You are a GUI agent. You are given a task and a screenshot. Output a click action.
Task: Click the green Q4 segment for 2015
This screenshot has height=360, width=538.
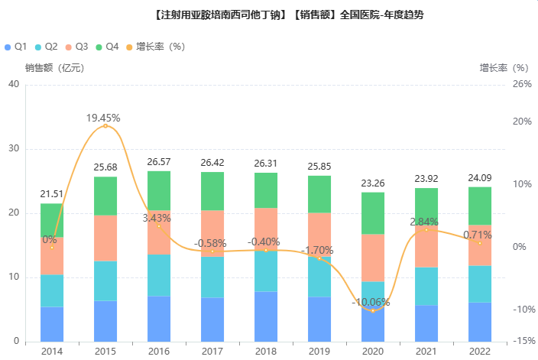pyautogui.click(x=105, y=196)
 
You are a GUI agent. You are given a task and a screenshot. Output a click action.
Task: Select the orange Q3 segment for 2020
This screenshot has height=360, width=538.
pyautogui.click(x=373, y=258)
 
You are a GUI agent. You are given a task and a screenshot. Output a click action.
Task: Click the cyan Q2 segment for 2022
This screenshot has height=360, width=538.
pyautogui.click(x=480, y=284)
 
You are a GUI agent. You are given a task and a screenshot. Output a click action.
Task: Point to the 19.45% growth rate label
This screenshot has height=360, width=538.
pyautogui.click(x=103, y=118)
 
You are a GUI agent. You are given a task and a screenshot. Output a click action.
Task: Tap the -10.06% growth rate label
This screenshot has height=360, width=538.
pyautogui.click(x=371, y=302)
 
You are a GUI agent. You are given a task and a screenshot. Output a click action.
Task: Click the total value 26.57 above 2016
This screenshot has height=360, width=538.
pyautogui.click(x=159, y=162)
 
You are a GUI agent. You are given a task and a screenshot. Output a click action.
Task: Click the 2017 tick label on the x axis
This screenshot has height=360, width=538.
pyautogui.click(x=212, y=351)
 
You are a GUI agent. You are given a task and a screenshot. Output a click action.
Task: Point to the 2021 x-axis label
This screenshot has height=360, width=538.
pyautogui.click(x=426, y=351)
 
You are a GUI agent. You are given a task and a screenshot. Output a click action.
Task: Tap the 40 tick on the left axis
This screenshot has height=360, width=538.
pyautogui.click(x=14, y=84)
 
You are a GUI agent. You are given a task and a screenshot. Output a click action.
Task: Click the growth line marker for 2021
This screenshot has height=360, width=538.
pyautogui.click(x=426, y=229)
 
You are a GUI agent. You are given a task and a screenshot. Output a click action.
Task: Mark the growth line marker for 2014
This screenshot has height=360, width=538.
pyautogui.click(x=52, y=247)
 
